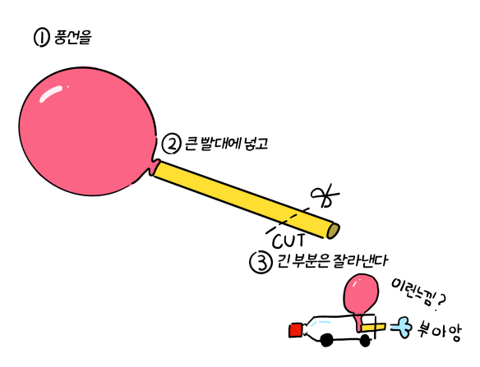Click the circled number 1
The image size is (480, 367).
[41, 38]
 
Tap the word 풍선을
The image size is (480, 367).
[73, 37]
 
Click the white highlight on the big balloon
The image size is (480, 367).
[50, 93]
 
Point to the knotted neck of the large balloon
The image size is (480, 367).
[154, 167]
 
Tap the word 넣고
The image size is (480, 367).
[256, 144]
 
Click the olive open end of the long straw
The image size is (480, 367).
[333, 231]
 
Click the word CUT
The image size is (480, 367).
[288, 241]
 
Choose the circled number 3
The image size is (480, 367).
[261, 263]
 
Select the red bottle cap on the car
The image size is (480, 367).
[296, 331]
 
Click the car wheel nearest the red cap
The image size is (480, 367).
[326, 340]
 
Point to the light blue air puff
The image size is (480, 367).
[401, 328]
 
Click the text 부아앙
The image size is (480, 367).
[438, 331]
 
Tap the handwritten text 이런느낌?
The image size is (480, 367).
[418, 294]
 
